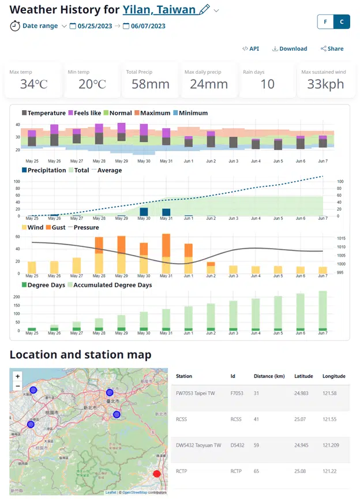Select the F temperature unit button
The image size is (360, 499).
point(325,22)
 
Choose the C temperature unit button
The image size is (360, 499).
point(342,22)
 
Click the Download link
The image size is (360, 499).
point(290,49)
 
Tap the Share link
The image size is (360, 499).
point(332,49)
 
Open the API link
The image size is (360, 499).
point(251,49)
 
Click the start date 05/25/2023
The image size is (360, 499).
point(93,26)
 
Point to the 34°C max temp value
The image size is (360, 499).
point(33,84)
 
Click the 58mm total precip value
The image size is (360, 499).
point(148,84)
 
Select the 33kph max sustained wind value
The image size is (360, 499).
point(325,84)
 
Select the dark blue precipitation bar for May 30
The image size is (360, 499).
point(144,212)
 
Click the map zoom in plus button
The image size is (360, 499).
point(18,376)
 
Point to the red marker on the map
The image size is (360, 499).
point(156,474)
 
